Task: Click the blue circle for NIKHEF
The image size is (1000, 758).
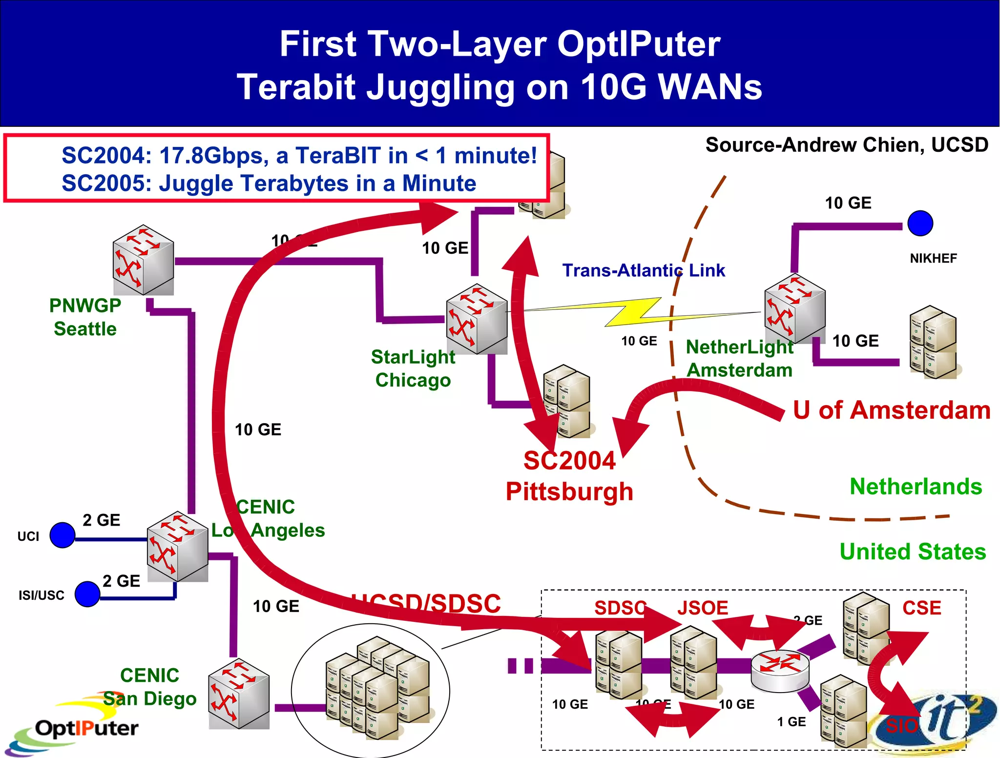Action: [x=920, y=224]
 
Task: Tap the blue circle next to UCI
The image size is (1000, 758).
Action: [x=62, y=535]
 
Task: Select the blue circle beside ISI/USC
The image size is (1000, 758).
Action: [x=87, y=594]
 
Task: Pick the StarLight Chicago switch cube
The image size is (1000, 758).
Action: [x=477, y=319]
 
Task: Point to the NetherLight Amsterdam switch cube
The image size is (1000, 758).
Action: [x=794, y=308]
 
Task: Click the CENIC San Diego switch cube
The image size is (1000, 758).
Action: [x=239, y=693]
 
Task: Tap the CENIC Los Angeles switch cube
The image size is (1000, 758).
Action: [x=177, y=546]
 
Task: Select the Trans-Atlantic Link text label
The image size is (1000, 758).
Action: [x=643, y=270]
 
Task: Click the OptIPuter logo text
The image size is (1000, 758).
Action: [x=87, y=728]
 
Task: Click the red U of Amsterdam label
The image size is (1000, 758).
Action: [x=891, y=410]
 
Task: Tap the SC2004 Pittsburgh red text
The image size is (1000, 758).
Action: [x=569, y=476]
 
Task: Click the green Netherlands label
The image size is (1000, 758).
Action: [x=916, y=487]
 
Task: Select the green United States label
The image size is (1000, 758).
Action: [x=913, y=552]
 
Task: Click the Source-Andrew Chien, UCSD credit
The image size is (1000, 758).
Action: [x=847, y=145]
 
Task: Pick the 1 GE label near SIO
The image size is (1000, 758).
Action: [x=791, y=721]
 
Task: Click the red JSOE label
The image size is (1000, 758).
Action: [x=702, y=608]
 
